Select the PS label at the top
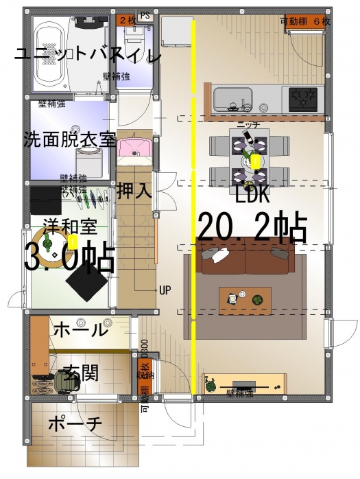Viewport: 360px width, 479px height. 145,14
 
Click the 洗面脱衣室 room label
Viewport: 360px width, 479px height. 69,139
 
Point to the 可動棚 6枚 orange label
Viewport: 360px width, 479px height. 305,22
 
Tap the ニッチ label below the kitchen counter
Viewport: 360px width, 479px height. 247,125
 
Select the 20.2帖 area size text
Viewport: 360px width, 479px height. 251,226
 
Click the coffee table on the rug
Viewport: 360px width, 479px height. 245,299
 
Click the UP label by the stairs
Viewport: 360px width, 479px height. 165,290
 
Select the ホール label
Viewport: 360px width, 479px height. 80,329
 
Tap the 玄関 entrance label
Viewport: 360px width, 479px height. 81,373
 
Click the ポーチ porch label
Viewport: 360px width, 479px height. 75,424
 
